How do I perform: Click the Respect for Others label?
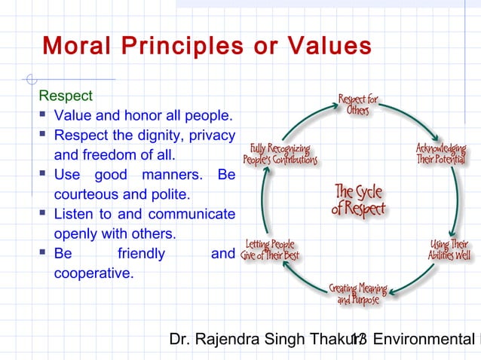[x=357, y=105]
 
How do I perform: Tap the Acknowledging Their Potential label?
[x=441, y=155]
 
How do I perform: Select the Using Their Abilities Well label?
[x=449, y=250]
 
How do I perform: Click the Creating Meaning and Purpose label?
[x=357, y=294]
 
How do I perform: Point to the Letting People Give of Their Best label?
[x=270, y=250]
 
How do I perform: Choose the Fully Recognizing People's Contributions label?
[x=279, y=154]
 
